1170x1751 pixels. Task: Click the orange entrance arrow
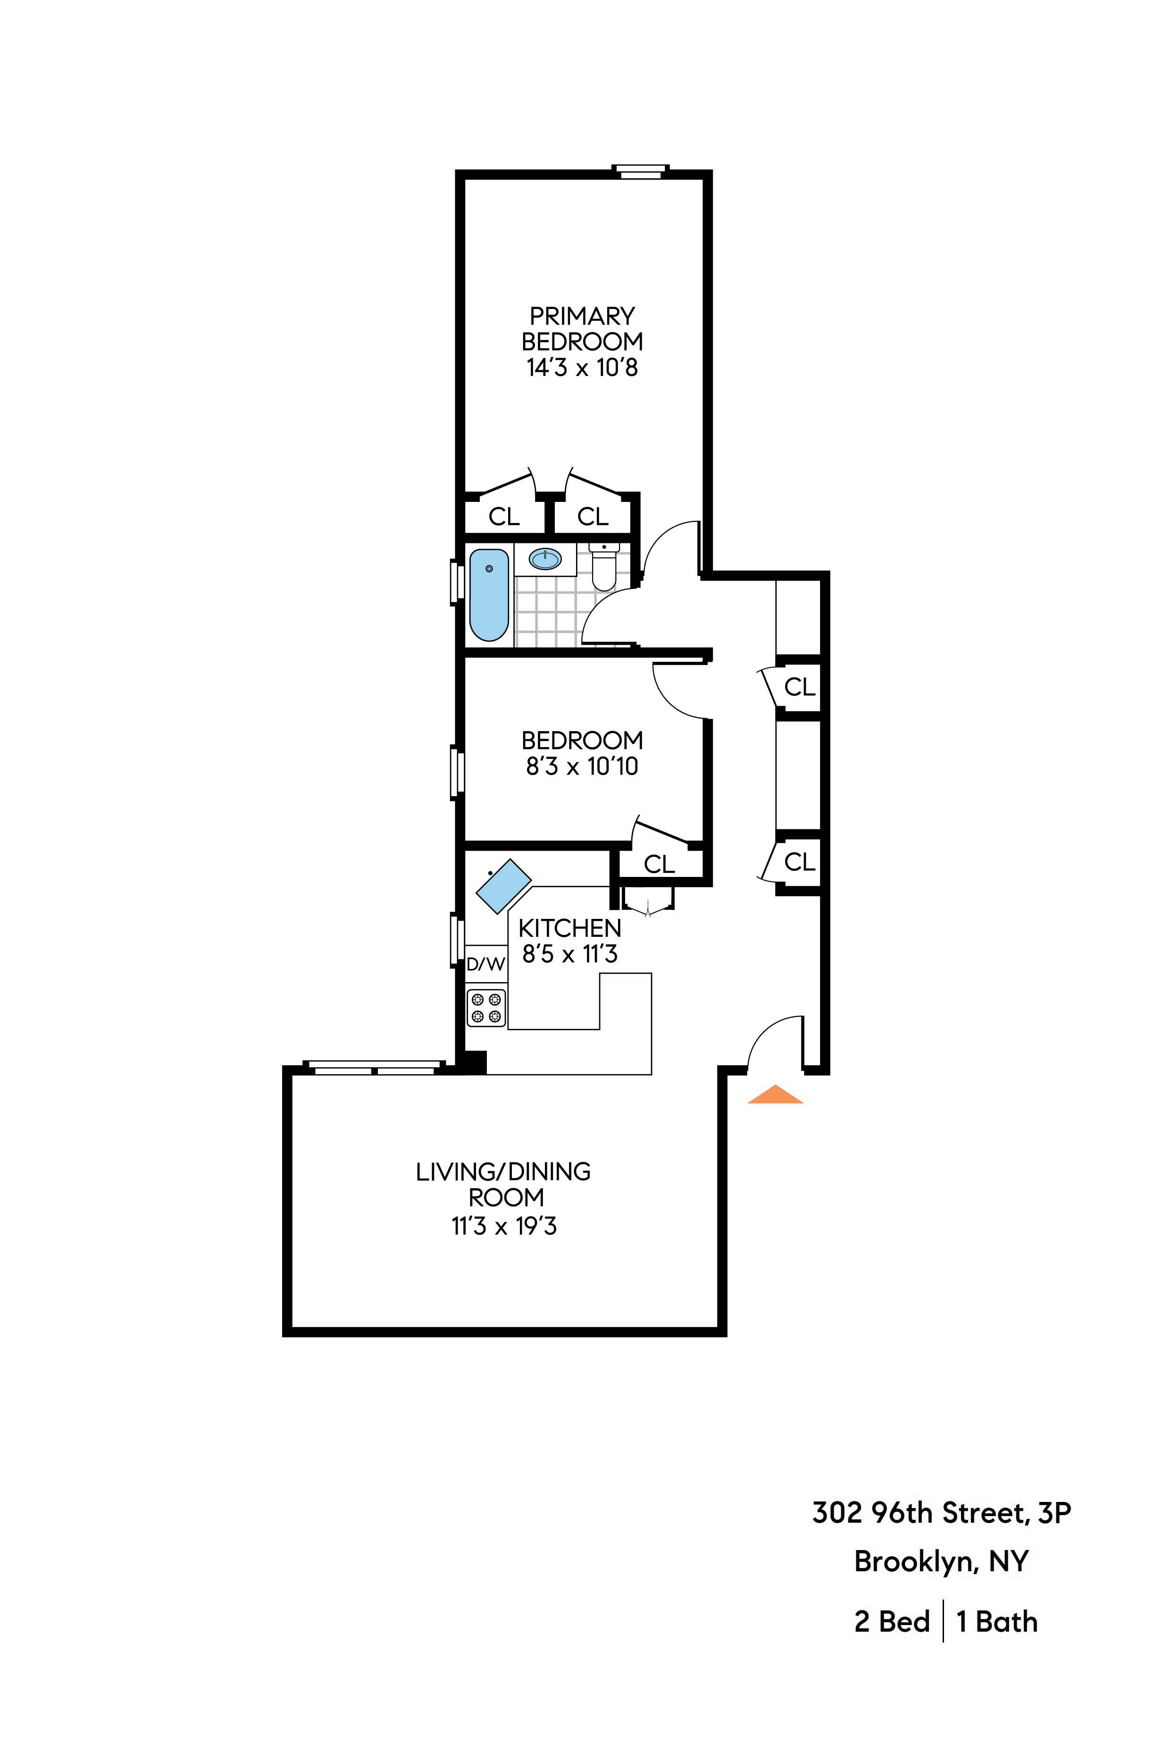point(775,1094)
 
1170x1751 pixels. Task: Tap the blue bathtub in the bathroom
point(489,595)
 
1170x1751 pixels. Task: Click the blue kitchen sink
point(504,886)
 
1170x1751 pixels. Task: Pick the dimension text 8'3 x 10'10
point(582,766)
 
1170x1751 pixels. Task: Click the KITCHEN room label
point(569,928)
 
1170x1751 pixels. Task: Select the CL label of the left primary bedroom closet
point(504,516)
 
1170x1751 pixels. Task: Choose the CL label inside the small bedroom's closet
point(659,864)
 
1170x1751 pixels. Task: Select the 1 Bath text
point(997,1622)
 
